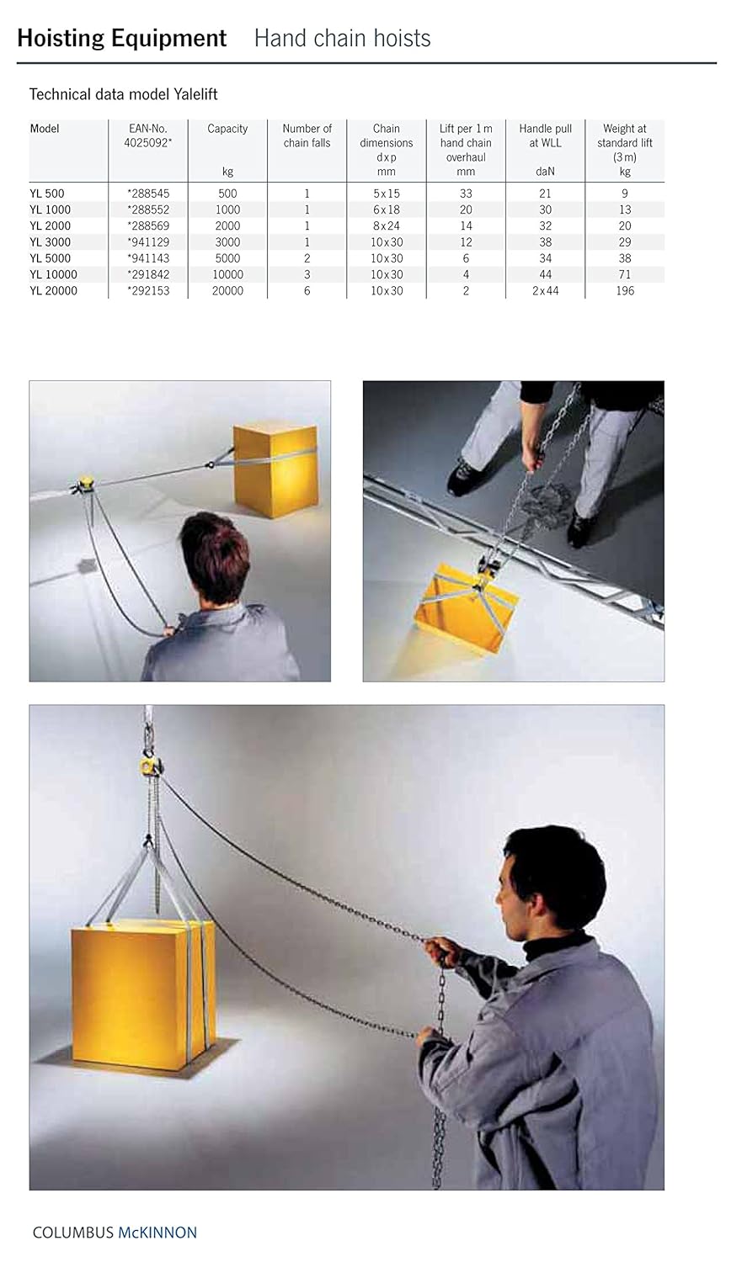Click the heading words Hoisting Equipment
click(x=121, y=39)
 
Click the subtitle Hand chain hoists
click(x=342, y=39)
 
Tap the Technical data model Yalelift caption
click(x=123, y=94)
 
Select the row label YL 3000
click(x=51, y=242)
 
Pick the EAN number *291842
click(x=148, y=274)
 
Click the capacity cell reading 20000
click(x=227, y=290)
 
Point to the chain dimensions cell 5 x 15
click(x=387, y=194)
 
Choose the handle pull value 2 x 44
click(x=545, y=290)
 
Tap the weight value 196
click(x=624, y=290)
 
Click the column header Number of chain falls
click(x=307, y=135)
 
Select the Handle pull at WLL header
click(x=545, y=135)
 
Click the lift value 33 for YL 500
click(x=466, y=194)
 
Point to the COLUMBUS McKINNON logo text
click(x=115, y=1233)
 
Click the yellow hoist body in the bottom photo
click(x=150, y=766)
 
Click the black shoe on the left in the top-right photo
click(x=464, y=475)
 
